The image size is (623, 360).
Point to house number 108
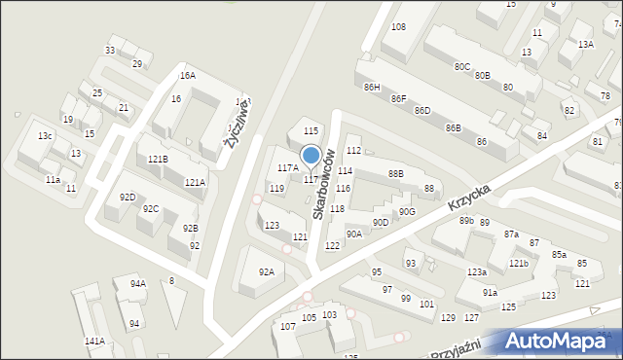(x=398, y=27)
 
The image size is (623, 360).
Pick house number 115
(x=311, y=130)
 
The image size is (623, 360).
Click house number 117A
(x=287, y=168)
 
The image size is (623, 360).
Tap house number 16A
(x=187, y=75)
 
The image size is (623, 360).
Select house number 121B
(x=158, y=159)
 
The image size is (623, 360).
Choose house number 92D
(x=128, y=197)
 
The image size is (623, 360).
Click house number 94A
(x=137, y=283)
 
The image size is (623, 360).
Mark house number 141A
(x=94, y=341)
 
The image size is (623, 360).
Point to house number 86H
(x=372, y=88)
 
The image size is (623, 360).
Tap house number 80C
(x=461, y=66)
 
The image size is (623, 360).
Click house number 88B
(x=395, y=174)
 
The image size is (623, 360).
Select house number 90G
(x=407, y=211)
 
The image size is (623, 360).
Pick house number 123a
(x=476, y=271)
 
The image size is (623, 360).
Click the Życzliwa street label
(x=238, y=124)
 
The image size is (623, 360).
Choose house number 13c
(x=45, y=135)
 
